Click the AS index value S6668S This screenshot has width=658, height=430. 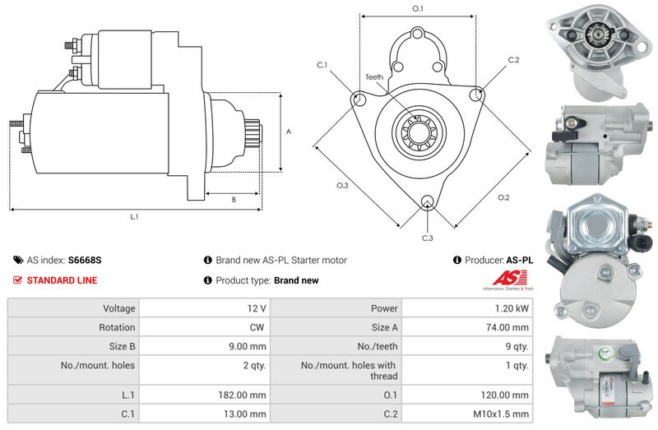tap(85, 260)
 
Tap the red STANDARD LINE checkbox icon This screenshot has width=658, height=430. tap(17, 280)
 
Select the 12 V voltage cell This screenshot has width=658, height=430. tap(205, 308)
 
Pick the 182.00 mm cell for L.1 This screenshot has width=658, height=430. tap(205, 395)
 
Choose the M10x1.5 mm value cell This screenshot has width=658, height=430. tap(467, 414)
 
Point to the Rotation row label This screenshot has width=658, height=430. tap(117, 327)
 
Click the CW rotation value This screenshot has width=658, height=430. tap(257, 327)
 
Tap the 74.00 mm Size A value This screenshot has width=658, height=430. tap(507, 327)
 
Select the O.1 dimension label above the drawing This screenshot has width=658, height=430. tap(418, 8)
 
